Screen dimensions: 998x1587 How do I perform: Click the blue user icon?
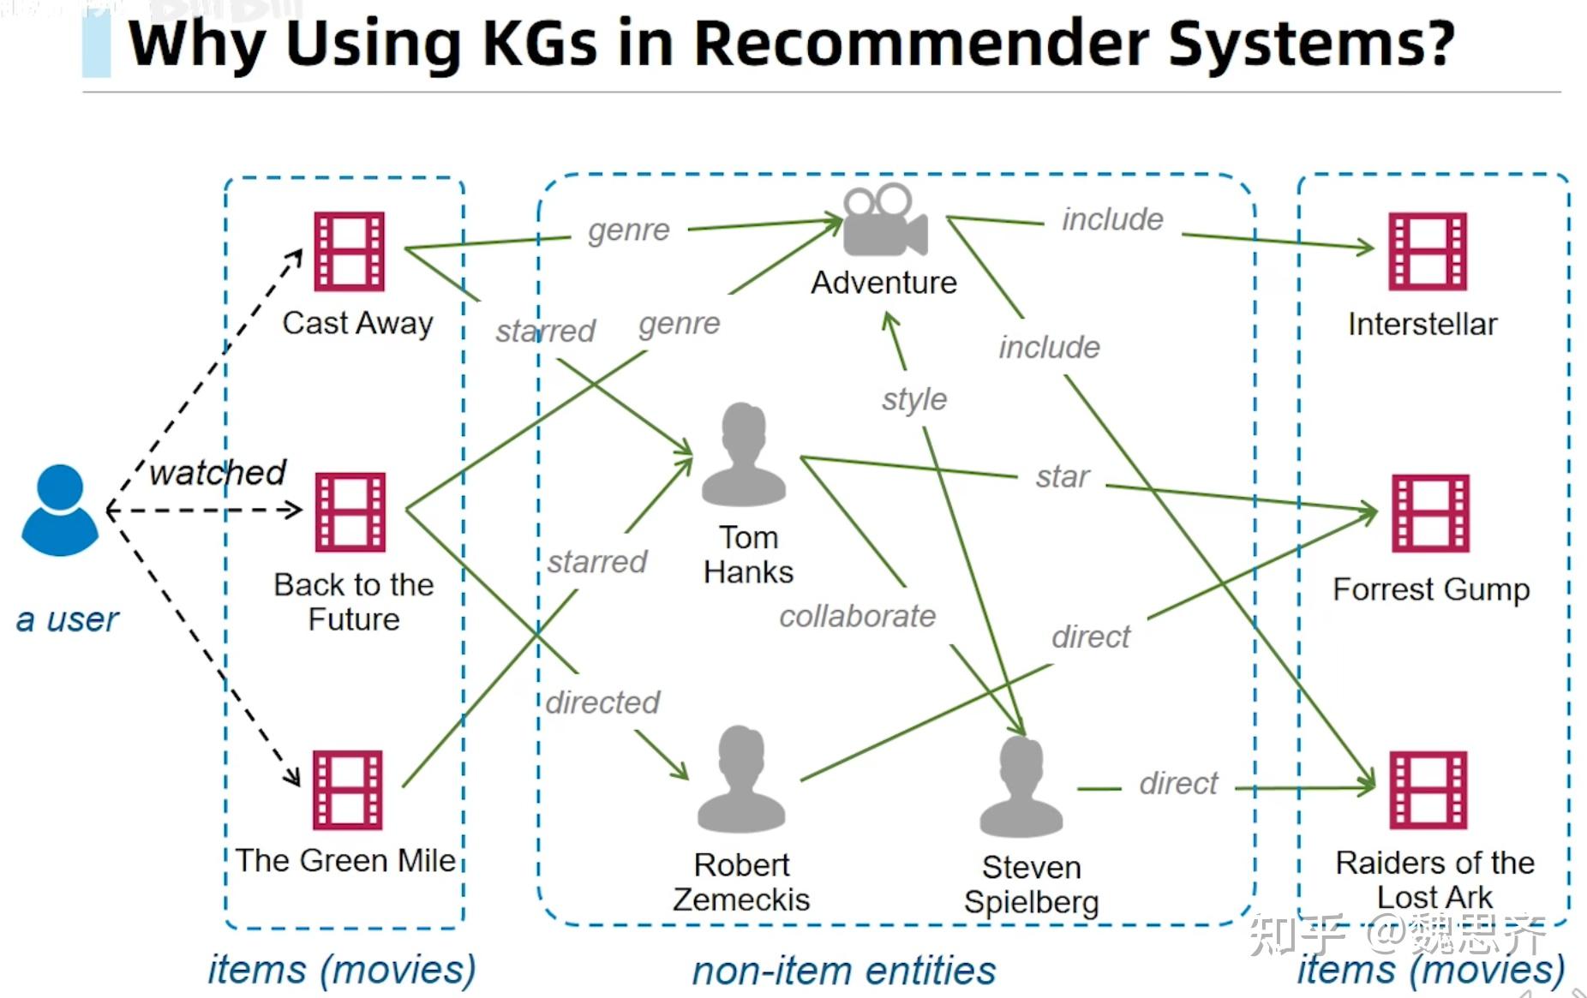[x=59, y=511]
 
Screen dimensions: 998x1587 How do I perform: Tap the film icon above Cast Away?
[x=349, y=252]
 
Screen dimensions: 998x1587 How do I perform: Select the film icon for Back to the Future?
[x=350, y=511]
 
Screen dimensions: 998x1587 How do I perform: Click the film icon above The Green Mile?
[x=347, y=790]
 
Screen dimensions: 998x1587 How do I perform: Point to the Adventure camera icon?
[x=884, y=221]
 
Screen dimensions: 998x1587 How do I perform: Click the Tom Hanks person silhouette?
[x=743, y=455]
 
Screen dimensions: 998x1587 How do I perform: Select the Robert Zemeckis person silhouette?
[x=741, y=780]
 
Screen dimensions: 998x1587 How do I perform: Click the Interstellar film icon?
[x=1427, y=252]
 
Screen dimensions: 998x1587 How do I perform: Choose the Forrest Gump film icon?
[x=1429, y=513]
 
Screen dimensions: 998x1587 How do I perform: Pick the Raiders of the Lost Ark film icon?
[x=1428, y=790]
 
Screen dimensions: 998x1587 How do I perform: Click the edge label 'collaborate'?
[x=857, y=616]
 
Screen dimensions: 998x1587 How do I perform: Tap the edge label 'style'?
[x=914, y=399]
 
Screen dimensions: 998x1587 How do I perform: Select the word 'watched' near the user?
[x=218, y=472]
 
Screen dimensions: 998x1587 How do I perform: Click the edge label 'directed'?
[x=603, y=702]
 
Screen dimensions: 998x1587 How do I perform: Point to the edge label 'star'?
[x=1063, y=476]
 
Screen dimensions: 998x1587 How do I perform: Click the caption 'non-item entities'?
[x=844, y=971]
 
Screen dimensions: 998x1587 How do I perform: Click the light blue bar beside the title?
[x=96, y=45]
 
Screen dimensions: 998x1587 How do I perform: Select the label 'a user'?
[x=67, y=619]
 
